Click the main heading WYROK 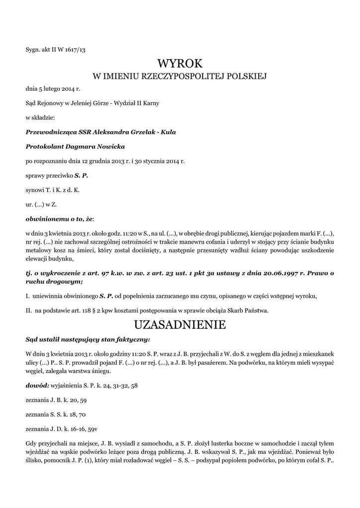pos(180,63)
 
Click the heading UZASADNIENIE pos(180,325)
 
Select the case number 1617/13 pos(76,49)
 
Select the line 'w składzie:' pos(40,118)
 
